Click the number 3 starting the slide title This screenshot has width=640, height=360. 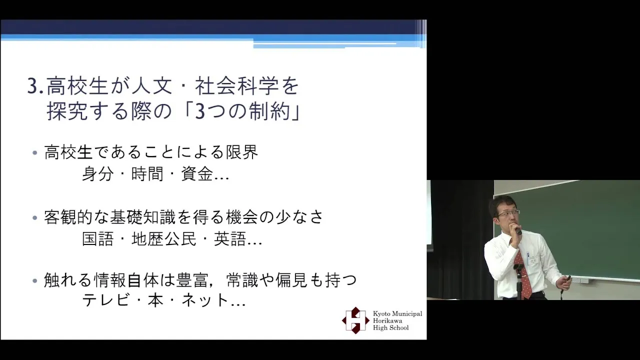[33, 86]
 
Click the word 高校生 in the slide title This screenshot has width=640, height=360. [77, 86]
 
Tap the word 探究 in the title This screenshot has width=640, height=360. [67, 111]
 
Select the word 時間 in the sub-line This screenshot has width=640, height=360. [147, 173]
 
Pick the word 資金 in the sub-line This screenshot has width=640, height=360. [197, 173]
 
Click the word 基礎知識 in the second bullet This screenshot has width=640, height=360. [143, 217]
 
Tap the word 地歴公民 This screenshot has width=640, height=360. [163, 238]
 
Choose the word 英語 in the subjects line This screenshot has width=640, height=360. [229, 238]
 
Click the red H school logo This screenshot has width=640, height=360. [355, 320]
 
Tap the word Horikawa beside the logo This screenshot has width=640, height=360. [387, 320]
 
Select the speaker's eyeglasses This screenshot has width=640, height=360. [508, 213]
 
